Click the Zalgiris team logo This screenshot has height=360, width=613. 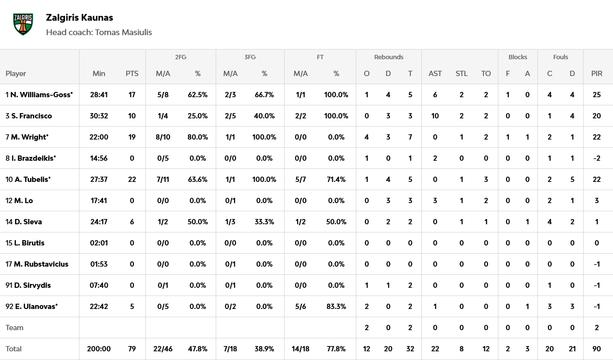(x=23, y=24)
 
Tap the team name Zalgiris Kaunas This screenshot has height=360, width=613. (x=79, y=18)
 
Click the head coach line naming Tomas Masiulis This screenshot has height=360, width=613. (x=99, y=32)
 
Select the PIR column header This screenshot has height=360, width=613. (x=597, y=74)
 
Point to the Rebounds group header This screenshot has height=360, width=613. (x=389, y=57)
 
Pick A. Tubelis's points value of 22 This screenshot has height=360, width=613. (x=132, y=180)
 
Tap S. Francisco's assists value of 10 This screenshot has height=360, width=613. (x=435, y=116)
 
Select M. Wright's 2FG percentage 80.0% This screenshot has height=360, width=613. (x=197, y=137)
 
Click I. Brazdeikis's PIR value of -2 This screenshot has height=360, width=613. (x=597, y=158)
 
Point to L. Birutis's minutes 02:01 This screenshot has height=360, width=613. (x=99, y=243)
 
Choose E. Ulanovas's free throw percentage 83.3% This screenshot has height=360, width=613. (x=336, y=307)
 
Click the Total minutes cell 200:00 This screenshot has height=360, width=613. (x=99, y=349)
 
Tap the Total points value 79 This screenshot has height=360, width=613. (x=132, y=349)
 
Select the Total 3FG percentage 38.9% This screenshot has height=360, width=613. (x=264, y=349)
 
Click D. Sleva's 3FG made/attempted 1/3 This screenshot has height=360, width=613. (x=231, y=222)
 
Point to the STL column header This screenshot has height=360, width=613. (x=461, y=74)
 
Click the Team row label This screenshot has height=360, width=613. (x=14, y=328)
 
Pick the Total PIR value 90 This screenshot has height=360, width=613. (x=597, y=349)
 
